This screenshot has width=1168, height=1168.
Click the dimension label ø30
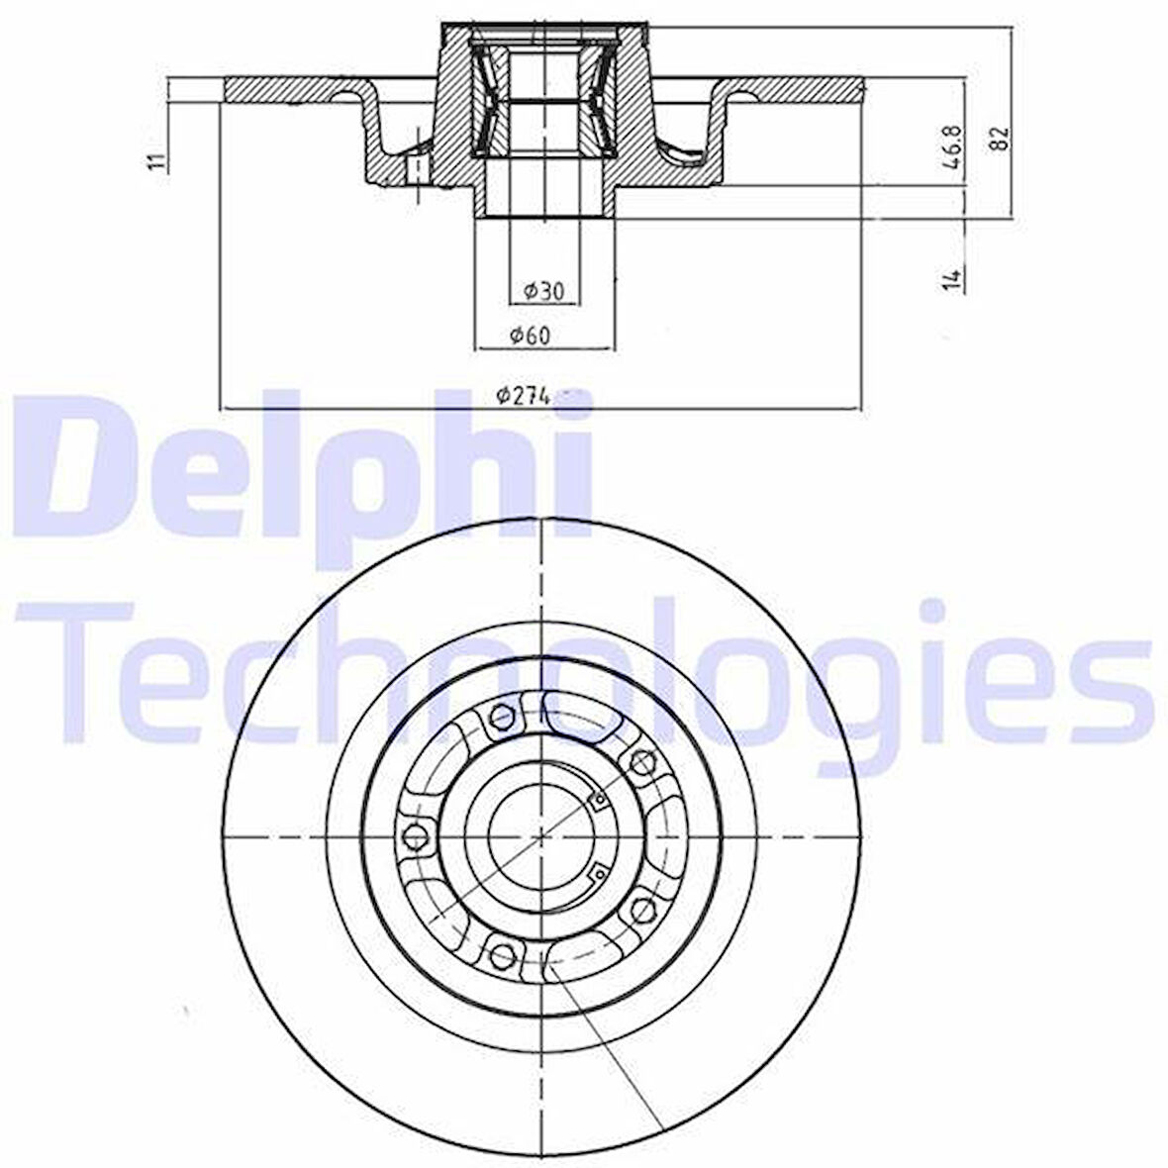coord(543,290)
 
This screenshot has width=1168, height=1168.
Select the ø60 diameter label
coord(530,336)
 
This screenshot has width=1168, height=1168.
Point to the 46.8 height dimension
coord(954,147)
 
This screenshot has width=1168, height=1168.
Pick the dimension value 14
coord(953,278)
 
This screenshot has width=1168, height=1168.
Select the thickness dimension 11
coord(156,161)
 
